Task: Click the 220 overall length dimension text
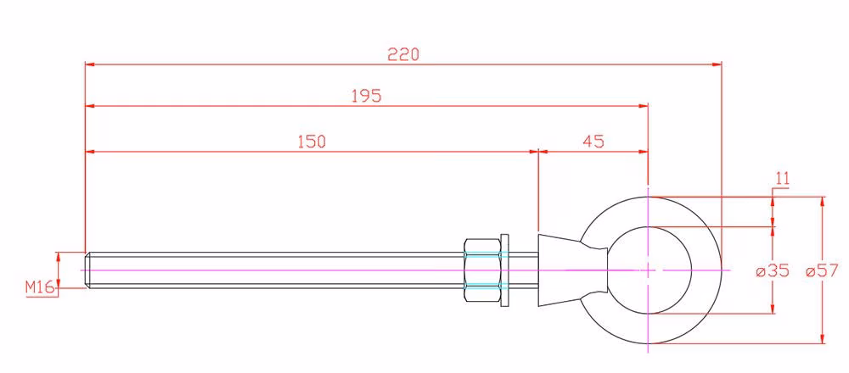point(403,54)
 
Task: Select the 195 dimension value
point(367,96)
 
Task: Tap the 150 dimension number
point(312,142)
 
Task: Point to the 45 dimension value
point(593,142)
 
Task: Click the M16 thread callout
point(41,288)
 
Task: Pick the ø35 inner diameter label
point(773,270)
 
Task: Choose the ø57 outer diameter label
point(822,270)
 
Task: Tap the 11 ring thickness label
point(783,178)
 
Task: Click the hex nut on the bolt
point(482,270)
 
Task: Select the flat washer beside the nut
point(505,270)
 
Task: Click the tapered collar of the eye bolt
point(561,270)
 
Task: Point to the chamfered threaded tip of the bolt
point(87,270)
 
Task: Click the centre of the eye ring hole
point(648,270)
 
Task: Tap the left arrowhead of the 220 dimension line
point(90,64)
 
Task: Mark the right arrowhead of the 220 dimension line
point(717,64)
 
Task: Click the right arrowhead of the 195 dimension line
point(644,106)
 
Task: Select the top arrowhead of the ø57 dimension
point(823,202)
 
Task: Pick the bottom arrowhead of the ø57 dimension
point(823,338)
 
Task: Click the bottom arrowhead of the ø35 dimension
point(773,308)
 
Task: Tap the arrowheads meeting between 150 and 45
point(538,152)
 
